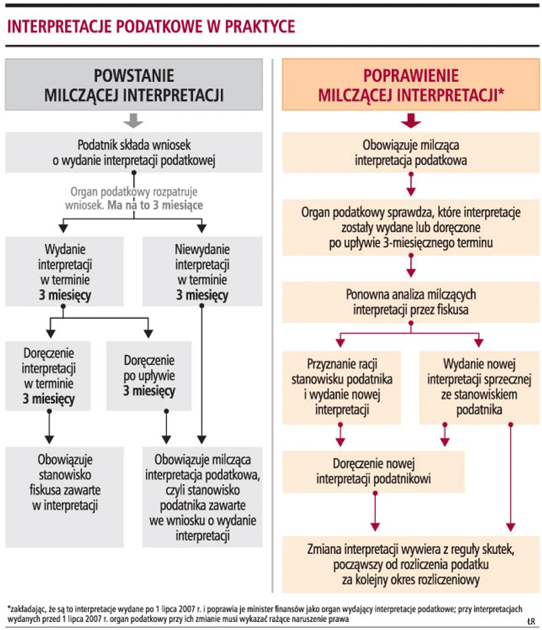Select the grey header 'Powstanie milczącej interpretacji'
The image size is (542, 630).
134,85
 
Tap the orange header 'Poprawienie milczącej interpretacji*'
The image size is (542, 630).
410,85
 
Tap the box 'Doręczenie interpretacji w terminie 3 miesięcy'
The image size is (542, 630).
48,376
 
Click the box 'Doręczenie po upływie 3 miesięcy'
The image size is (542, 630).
148,376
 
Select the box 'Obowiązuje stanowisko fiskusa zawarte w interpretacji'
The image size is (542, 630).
65,483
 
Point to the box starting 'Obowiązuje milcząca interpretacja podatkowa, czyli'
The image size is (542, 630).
203,497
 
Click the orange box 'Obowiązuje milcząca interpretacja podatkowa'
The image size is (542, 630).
410,152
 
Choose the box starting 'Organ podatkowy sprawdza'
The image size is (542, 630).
410,227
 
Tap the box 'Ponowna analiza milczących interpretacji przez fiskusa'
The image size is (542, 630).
410,302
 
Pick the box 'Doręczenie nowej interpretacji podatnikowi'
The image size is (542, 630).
373,471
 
